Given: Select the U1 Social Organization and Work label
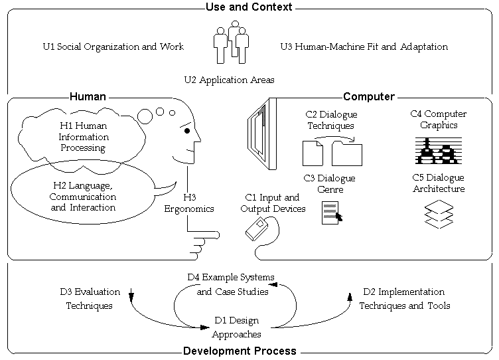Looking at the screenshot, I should tap(113, 47).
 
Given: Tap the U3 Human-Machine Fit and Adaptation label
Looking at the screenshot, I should tap(364, 47).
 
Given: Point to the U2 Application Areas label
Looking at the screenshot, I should tap(229, 80).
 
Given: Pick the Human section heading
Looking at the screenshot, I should tap(88, 96).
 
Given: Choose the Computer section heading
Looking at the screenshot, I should tap(368, 96).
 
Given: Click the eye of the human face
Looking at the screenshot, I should tap(188, 132).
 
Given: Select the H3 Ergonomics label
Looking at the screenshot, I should tap(189, 203).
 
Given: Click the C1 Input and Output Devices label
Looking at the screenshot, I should tap(273, 203).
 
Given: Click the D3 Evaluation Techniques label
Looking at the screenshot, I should tap(90, 299).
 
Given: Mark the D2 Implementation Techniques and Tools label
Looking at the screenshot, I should tap(405, 299).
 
